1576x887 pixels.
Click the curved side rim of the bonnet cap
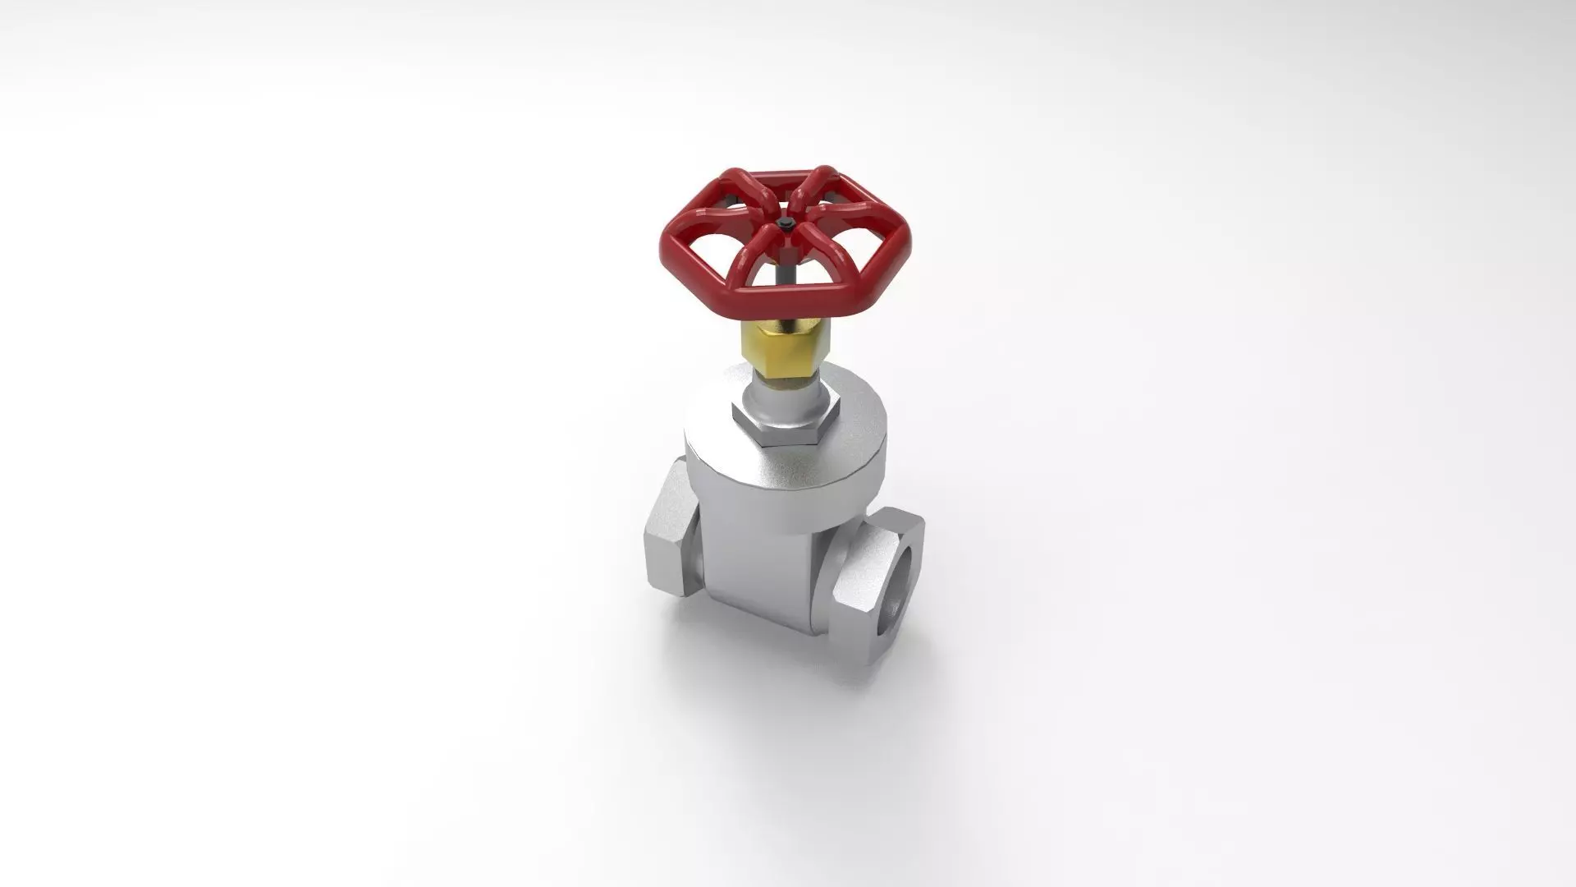click(x=788, y=485)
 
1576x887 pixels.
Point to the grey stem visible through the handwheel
click(x=786, y=271)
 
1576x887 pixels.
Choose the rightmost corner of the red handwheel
click(x=909, y=241)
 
